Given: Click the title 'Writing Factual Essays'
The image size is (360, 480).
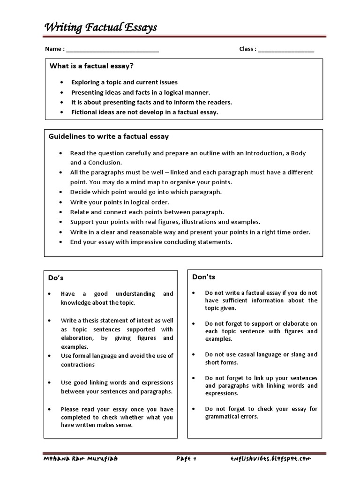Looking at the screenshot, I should tap(100, 28).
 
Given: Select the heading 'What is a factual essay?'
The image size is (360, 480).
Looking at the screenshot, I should tap(89, 66).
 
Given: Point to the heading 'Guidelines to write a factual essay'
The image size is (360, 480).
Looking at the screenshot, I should tap(109, 136).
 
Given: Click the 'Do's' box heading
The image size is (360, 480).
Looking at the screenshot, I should tap(56, 278).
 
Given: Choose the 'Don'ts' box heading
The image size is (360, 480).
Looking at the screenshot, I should tap(204, 277).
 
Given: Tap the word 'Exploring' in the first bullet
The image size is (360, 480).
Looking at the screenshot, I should tap(86, 82).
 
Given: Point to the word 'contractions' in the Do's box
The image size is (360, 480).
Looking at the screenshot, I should tap(78, 365).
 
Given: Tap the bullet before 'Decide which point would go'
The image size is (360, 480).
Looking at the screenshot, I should tap(61, 192).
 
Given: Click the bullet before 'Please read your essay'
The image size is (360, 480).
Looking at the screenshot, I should tap(50, 409).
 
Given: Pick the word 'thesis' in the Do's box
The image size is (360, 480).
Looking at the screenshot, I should tap(92, 321).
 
